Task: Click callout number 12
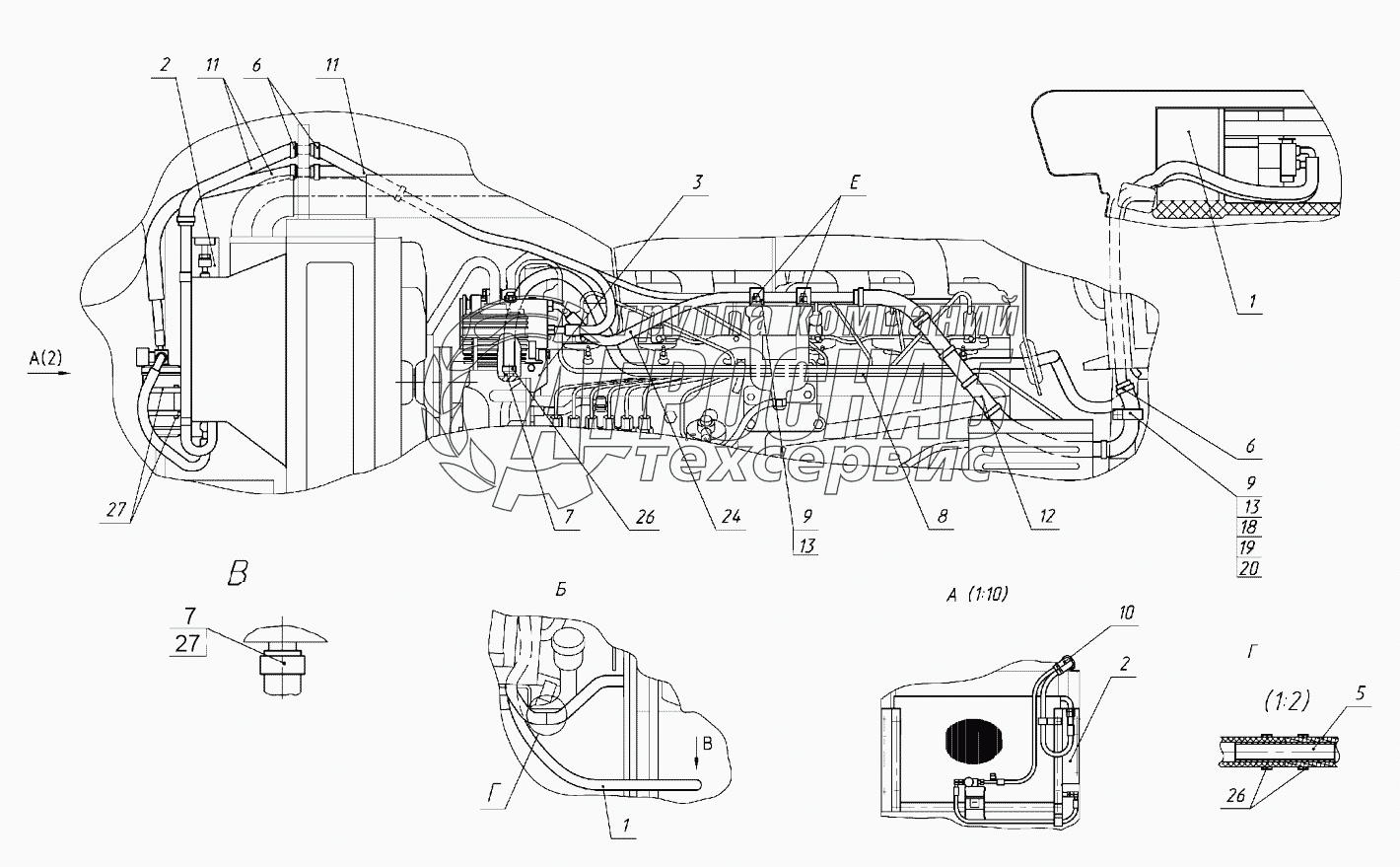click(1046, 515)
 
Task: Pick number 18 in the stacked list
click(1250, 527)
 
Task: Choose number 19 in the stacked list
click(1250, 547)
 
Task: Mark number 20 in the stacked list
click(1250, 568)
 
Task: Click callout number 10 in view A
click(1127, 613)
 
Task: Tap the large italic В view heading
click(238, 575)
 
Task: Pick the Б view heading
click(559, 590)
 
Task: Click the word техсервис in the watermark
click(813, 462)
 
